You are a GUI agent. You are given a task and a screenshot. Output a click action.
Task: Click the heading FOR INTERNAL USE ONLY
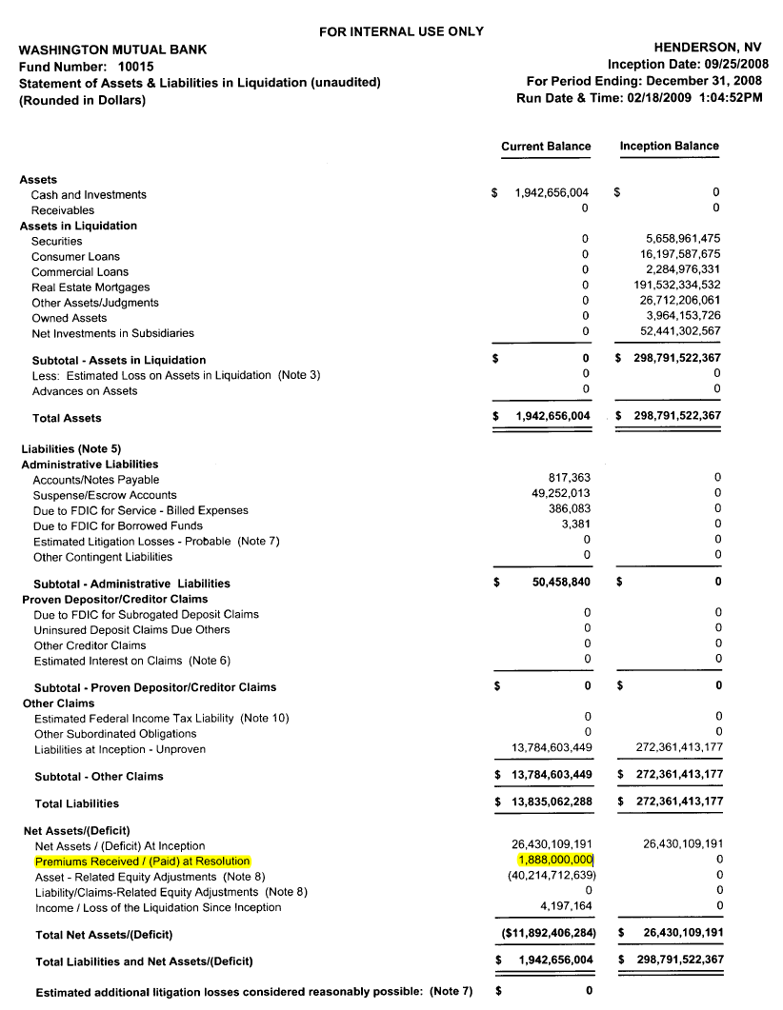401,31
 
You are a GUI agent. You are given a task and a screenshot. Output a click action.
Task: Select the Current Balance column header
546,147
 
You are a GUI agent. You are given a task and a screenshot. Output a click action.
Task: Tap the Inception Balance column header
669,147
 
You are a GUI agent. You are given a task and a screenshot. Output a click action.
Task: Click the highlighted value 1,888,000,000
552,861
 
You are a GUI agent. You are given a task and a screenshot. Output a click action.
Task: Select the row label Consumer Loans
75,256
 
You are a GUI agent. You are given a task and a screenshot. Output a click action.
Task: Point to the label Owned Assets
69,318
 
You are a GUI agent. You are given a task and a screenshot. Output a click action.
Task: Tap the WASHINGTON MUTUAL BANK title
112,50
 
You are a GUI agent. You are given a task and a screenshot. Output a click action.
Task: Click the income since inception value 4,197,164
566,906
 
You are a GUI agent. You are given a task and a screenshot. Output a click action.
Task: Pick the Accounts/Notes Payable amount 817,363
569,479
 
